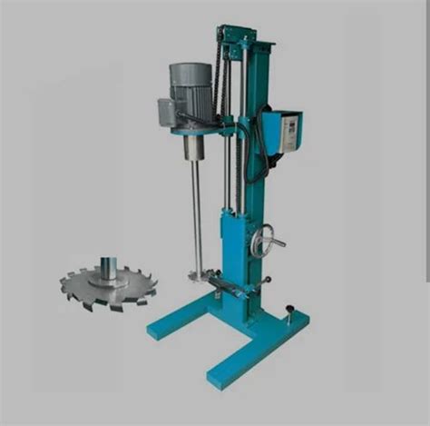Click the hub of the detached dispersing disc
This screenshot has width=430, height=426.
coord(108,269)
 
